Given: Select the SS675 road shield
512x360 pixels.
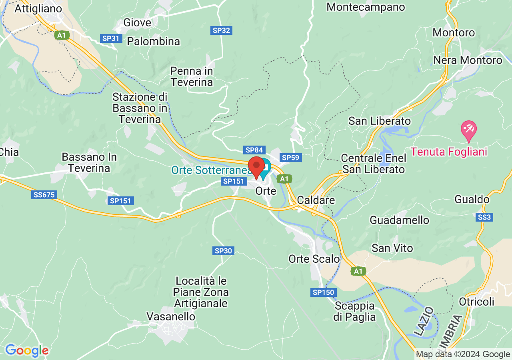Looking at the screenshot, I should pyautogui.click(x=44, y=195).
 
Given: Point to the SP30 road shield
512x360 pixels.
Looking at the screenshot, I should pyautogui.click(x=223, y=251).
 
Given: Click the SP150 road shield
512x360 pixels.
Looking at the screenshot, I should pyautogui.click(x=323, y=292).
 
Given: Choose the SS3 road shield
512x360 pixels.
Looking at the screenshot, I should pyautogui.click(x=485, y=217).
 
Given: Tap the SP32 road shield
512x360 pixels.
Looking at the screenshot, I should pyautogui.click(x=221, y=30).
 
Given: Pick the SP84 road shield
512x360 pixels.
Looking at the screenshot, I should pyautogui.click(x=254, y=150).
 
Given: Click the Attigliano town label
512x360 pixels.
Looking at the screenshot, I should pyautogui.click(x=38, y=8).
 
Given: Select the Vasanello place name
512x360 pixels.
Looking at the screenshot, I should pyautogui.click(x=171, y=316).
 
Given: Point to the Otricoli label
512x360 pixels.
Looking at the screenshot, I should pyautogui.click(x=477, y=302).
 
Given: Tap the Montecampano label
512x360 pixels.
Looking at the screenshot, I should pyautogui.click(x=366, y=7).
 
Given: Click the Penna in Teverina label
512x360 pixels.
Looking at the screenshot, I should pyautogui.click(x=192, y=76).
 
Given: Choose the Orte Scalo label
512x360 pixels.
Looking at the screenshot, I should pyautogui.click(x=314, y=259).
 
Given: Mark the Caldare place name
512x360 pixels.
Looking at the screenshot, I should pyautogui.click(x=316, y=200).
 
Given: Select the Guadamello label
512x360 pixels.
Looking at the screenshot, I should pyautogui.click(x=399, y=220).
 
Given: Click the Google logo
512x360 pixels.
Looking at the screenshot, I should pyautogui.click(x=27, y=351).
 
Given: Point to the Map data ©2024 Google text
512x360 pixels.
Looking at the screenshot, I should pyautogui.click(x=463, y=354).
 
